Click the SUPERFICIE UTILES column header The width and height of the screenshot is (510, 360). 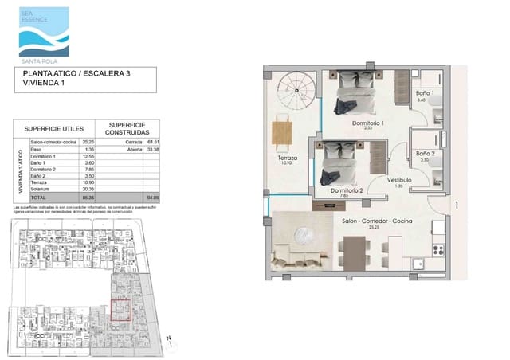(x=54, y=128)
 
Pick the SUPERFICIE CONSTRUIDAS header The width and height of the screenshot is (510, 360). (x=127, y=128)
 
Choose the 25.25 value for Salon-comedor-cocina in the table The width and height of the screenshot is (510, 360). (x=84, y=141)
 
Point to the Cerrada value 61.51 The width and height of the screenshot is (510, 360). (x=153, y=141)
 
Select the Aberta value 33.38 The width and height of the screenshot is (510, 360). (x=153, y=148)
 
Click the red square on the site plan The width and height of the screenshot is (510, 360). (x=120, y=308)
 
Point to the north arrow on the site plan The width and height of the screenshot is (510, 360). (x=169, y=338)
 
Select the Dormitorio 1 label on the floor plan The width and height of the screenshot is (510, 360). (x=369, y=123)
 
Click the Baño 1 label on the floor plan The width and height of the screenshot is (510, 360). (x=424, y=93)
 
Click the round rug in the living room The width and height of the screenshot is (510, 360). (x=306, y=237)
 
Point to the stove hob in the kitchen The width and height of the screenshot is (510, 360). (x=437, y=249)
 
